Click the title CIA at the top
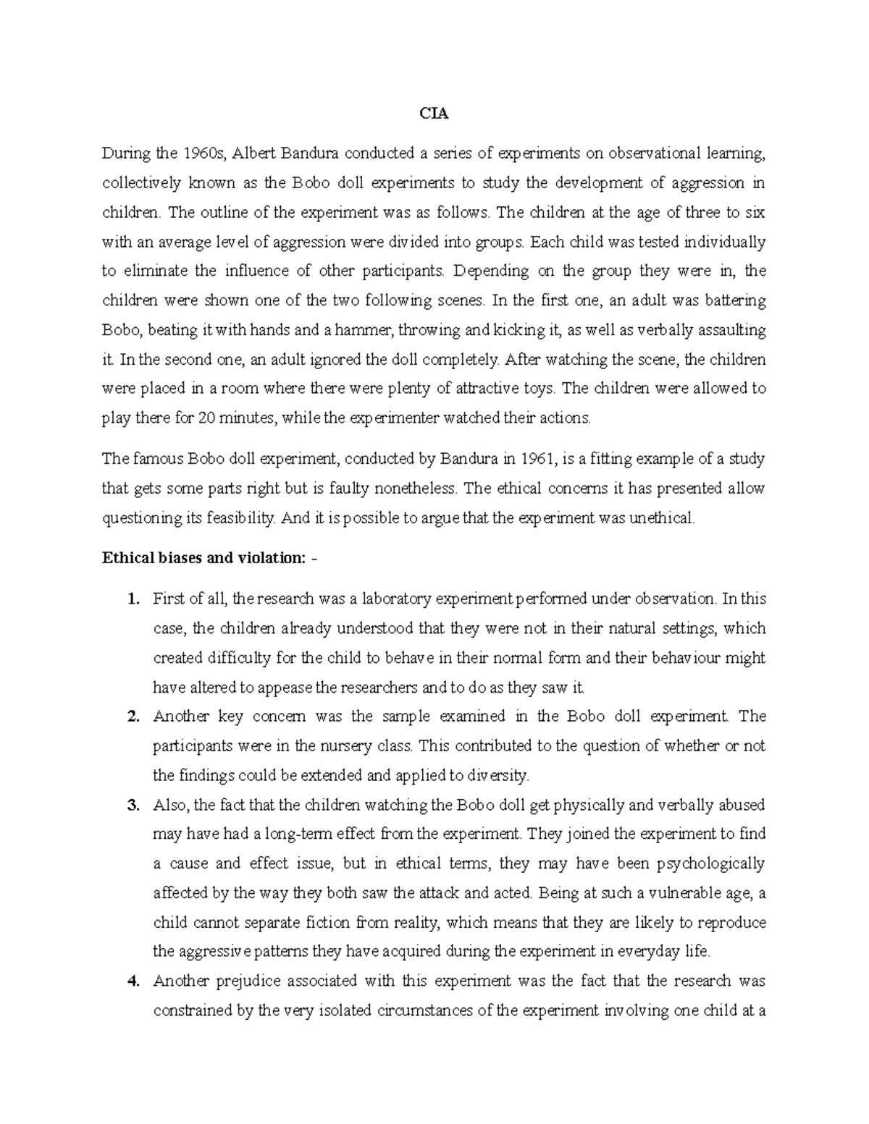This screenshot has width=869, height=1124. tap(434, 114)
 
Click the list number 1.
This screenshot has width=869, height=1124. tap(132, 599)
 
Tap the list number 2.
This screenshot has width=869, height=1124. tap(132, 717)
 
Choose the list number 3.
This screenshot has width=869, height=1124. tap(132, 805)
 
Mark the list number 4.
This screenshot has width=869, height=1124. tap(132, 981)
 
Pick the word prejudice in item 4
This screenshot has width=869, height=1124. tap(248, 981)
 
